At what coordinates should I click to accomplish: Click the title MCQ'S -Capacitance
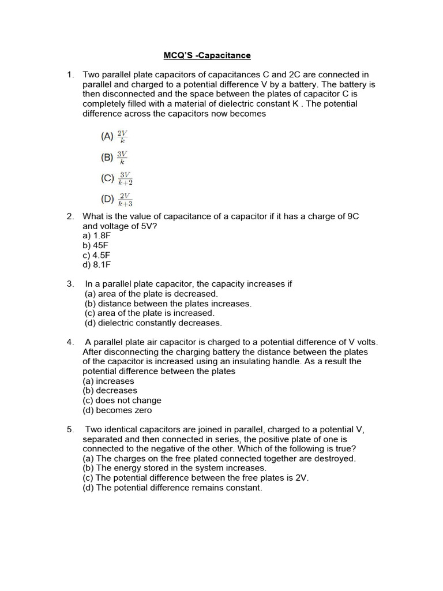click(208, 55)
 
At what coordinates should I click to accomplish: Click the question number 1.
click(70, 74)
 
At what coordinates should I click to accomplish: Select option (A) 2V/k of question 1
click(114, 137)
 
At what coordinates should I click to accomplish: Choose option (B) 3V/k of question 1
click(114, 157)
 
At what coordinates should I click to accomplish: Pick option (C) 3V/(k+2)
click(117, 178)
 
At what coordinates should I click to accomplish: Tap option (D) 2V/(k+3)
click(117, 199)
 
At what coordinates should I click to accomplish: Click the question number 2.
click(70, 216)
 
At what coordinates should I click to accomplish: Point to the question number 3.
click(70, 284)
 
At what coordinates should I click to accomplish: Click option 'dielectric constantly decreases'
click(153, 323)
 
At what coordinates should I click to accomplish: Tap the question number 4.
click(70, 342)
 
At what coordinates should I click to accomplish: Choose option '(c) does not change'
click(122, 401)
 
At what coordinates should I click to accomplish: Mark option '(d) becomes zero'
click(117, 410)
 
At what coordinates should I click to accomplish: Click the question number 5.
click(70, 429)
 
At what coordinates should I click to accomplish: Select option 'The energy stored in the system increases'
click(175, 468)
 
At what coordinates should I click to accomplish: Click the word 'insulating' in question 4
click(291, 361)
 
